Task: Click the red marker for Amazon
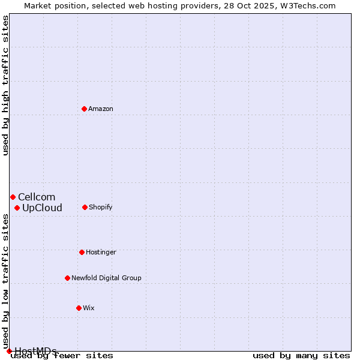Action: tap(84, 109)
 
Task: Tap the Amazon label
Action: tap(101, 109)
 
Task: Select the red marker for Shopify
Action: tap(85, 207)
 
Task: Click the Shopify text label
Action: tap(101, 207)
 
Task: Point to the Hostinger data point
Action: tap(82, 252)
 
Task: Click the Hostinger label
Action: tap(101, 252)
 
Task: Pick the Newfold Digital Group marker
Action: tap(67, 278)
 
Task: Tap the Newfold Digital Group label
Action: tap(106, 278)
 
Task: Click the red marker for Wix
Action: tap(79, 308)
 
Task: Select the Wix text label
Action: tap(89, 308)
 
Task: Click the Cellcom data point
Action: tap(13, 197)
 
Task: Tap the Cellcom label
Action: tap(37, 197)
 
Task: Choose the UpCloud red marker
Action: tap(17, 208)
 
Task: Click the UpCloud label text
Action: tap(42, 208)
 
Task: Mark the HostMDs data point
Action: tap(9, 351)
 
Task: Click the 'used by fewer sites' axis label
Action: tap(62, 356)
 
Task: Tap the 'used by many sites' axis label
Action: tap(301, 356)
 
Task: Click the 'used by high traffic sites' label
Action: tap(5, 85)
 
